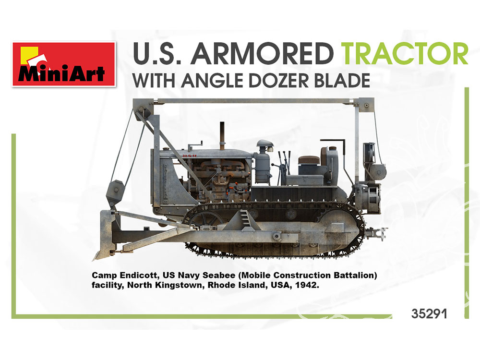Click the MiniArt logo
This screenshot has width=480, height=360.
click(64, 64)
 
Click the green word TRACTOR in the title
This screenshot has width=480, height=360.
click(404, 54)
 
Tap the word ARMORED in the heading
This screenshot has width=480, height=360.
click(264, 54)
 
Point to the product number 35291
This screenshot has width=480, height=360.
click(430, 314)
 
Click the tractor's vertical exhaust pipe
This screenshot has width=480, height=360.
click(222, 135)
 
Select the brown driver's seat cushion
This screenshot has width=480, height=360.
click(309, 159)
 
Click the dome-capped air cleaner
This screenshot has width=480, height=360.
click(264, 162)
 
